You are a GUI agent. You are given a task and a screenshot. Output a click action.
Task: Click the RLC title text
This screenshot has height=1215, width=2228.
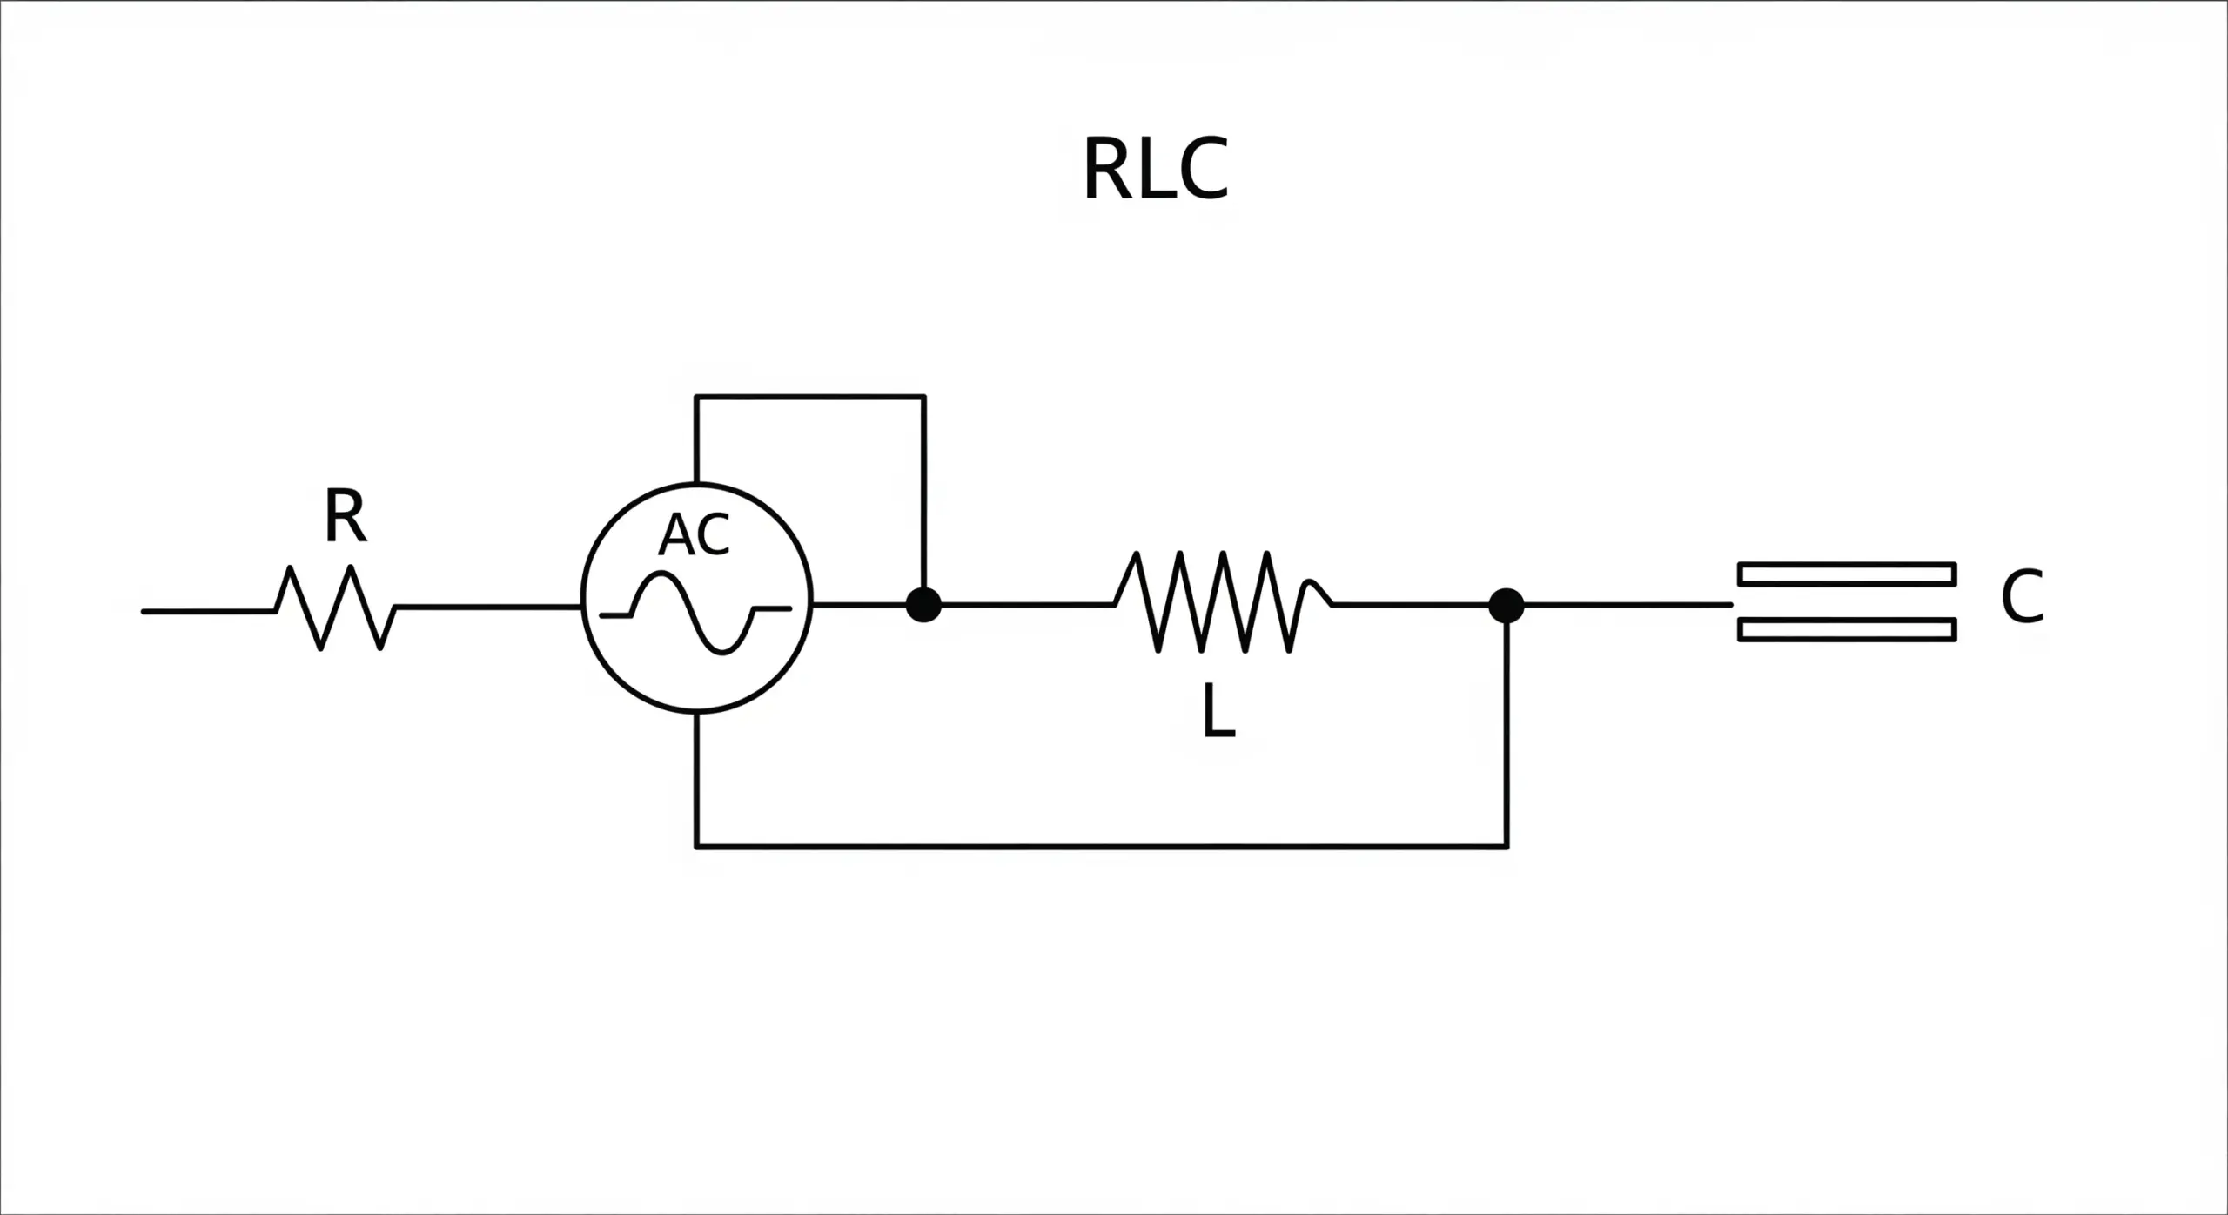[1155, 169]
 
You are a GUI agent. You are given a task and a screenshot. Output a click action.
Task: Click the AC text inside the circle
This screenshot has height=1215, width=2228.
[694, 534]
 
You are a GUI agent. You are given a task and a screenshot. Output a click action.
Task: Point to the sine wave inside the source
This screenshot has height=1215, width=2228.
[696, 611]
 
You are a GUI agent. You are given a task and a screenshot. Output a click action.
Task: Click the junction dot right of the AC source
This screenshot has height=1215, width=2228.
[923, 604]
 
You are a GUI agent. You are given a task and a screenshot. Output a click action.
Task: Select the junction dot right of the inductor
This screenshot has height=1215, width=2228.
[1507, 606]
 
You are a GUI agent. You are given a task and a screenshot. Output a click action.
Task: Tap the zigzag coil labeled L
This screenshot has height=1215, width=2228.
[1223, 601]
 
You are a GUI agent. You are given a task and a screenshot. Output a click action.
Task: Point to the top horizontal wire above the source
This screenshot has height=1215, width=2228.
[809, 397]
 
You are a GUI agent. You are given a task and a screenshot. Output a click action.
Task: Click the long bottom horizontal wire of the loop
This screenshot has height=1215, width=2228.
[1101, 845]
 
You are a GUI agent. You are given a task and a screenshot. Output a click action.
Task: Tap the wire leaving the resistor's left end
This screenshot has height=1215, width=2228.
[209, 611]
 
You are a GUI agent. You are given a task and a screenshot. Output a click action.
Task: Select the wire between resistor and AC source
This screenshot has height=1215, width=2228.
[487, 606]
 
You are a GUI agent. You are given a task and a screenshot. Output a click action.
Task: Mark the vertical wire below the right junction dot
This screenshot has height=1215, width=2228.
[1507, 731]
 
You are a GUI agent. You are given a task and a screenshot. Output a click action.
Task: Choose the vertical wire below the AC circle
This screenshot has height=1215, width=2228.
[696, 779]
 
